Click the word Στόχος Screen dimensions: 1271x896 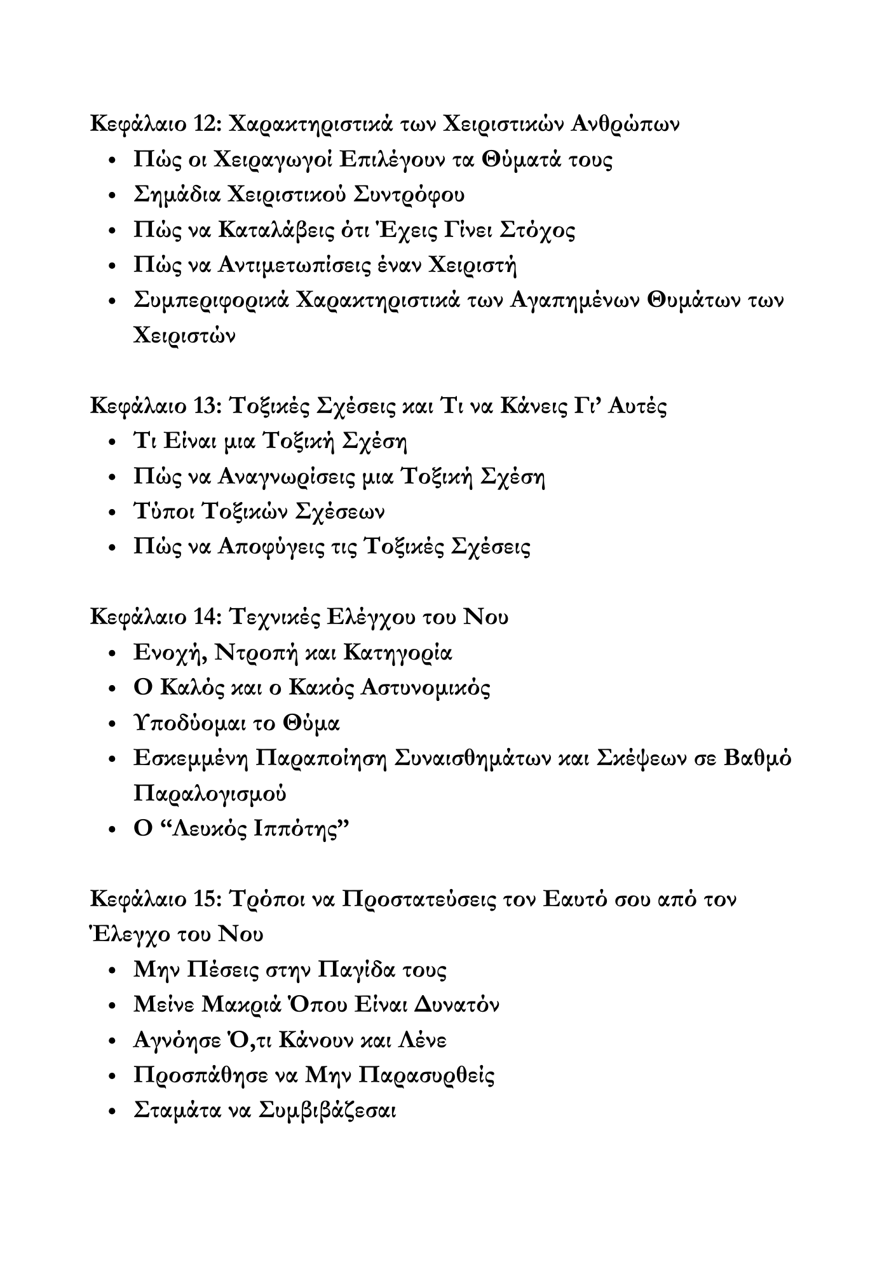point(537,229)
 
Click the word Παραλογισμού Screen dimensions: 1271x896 point(210,794)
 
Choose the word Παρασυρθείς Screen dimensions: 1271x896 point(426,1075)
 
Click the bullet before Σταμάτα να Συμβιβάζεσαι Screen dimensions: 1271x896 point(112,1111)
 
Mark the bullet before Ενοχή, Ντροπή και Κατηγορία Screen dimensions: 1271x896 point(112,653)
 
